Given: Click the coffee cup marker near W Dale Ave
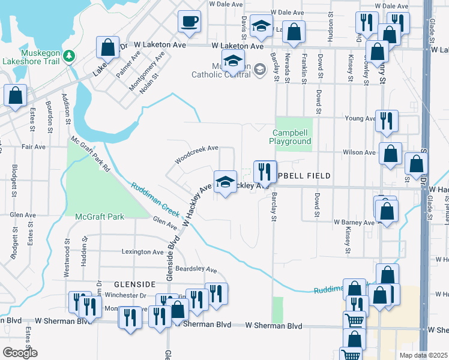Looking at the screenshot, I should coord(190,22).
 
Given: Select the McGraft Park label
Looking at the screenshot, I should coord(99,216).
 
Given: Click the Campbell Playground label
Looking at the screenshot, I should coord(292,137).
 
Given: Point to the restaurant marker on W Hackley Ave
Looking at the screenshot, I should coord(265,172).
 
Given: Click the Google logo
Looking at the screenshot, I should coord(20,353).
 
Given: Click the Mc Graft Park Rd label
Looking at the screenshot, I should coord(91,155).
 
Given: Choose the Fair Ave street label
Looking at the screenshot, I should coord(34,146).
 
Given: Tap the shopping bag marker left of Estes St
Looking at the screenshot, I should coord(15,95).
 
